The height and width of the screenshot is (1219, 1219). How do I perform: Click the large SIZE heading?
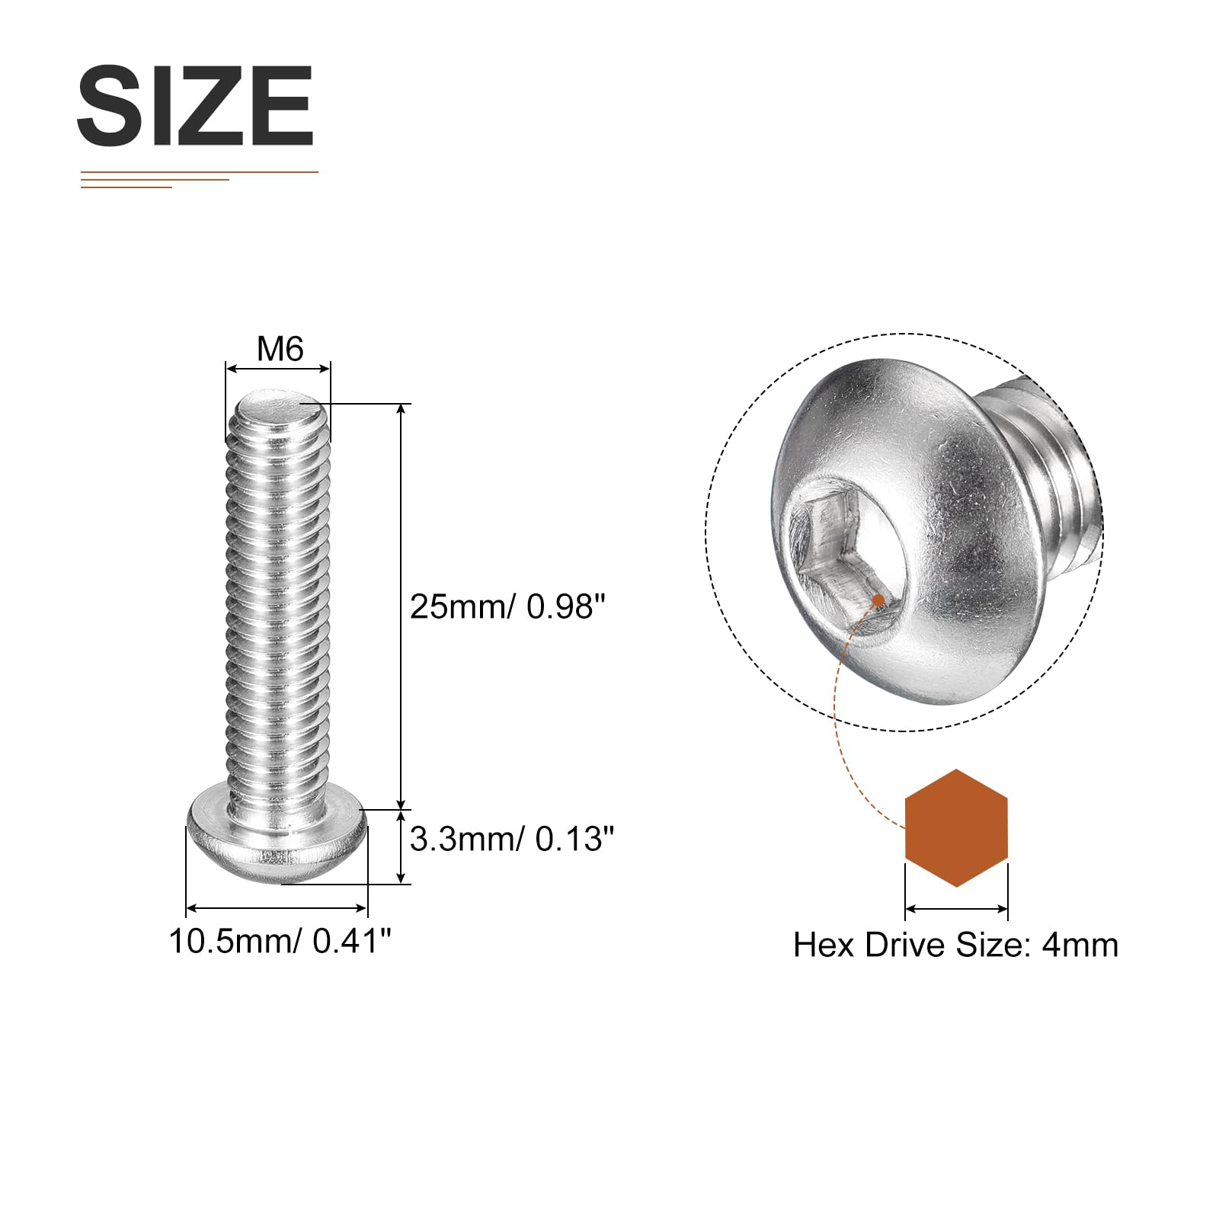[195, 106]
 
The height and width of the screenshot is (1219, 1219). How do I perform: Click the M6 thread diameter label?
[280, 349]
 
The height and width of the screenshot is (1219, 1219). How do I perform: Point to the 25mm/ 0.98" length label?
[507, 606]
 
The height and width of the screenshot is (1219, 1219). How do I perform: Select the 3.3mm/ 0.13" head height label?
[512, 839]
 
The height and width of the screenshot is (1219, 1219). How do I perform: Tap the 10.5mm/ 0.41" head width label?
[280, 942]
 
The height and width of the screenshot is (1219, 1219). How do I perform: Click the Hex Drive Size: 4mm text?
[955, 945]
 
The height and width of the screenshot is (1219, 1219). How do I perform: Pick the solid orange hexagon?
[956, 828]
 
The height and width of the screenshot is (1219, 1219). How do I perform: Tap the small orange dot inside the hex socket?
[878, 600]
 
